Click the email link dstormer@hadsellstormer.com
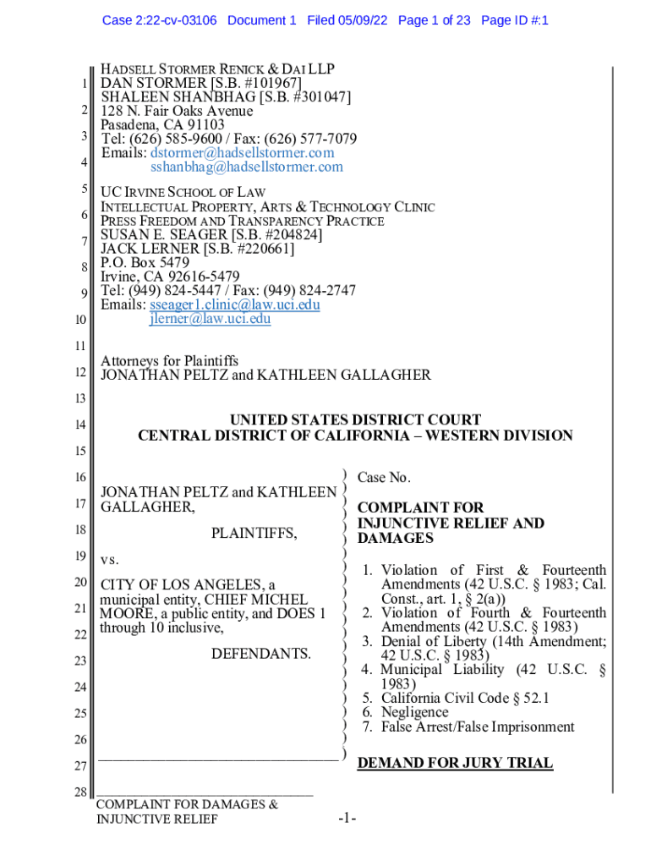243,153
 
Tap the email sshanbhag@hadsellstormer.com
247,167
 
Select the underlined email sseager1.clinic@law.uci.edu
235,304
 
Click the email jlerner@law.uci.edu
211,319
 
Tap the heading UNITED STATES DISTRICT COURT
356,420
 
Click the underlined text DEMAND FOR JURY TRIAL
455,763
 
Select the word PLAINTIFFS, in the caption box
254,534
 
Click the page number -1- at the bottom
347,819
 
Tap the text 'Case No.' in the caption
384,478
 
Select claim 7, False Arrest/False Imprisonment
468,726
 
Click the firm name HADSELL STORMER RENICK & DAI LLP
217,69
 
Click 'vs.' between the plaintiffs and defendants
111,560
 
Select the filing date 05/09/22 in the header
362,19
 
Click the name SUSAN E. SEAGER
158,235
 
